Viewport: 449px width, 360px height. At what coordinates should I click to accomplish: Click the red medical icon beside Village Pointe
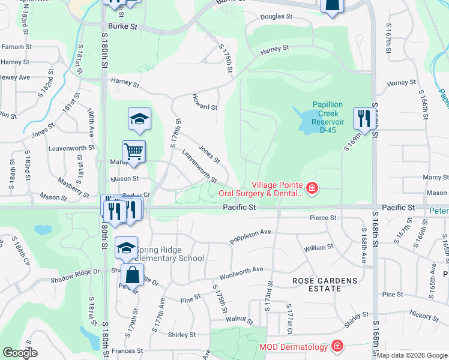[312, 189]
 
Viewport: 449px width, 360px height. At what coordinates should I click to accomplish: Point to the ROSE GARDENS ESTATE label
[325, 285]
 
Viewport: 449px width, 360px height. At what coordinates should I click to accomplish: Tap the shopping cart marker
[134, 151]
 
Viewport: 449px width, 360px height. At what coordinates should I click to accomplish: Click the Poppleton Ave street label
[252, 236]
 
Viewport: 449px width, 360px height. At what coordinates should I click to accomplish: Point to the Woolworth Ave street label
[241, 273]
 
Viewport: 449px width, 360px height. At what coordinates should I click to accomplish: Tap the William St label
[318, 247]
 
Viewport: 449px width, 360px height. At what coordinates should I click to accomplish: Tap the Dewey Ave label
[15, 77]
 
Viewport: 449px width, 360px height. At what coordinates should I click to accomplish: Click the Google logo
[19, 353]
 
